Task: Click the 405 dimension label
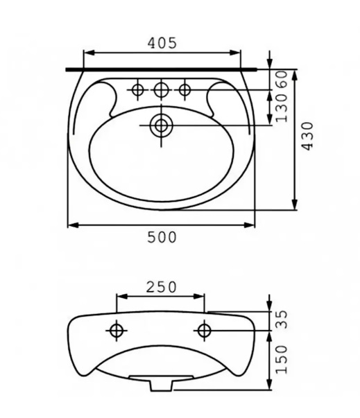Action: tap(162, 42)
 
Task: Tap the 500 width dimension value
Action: tap(162, 237)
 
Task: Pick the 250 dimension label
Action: tap(161, 286)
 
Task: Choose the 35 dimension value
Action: tap(282, 320)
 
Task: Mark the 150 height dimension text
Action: tap(282, 360)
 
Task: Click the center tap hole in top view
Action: tap(161, 89)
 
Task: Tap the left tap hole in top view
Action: tap(138, 89)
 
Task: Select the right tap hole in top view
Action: tap(185, 89)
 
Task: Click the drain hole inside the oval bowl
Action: tap(161, 125)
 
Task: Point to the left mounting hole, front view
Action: tap(116, 330)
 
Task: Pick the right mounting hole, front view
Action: tap(205, 330)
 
